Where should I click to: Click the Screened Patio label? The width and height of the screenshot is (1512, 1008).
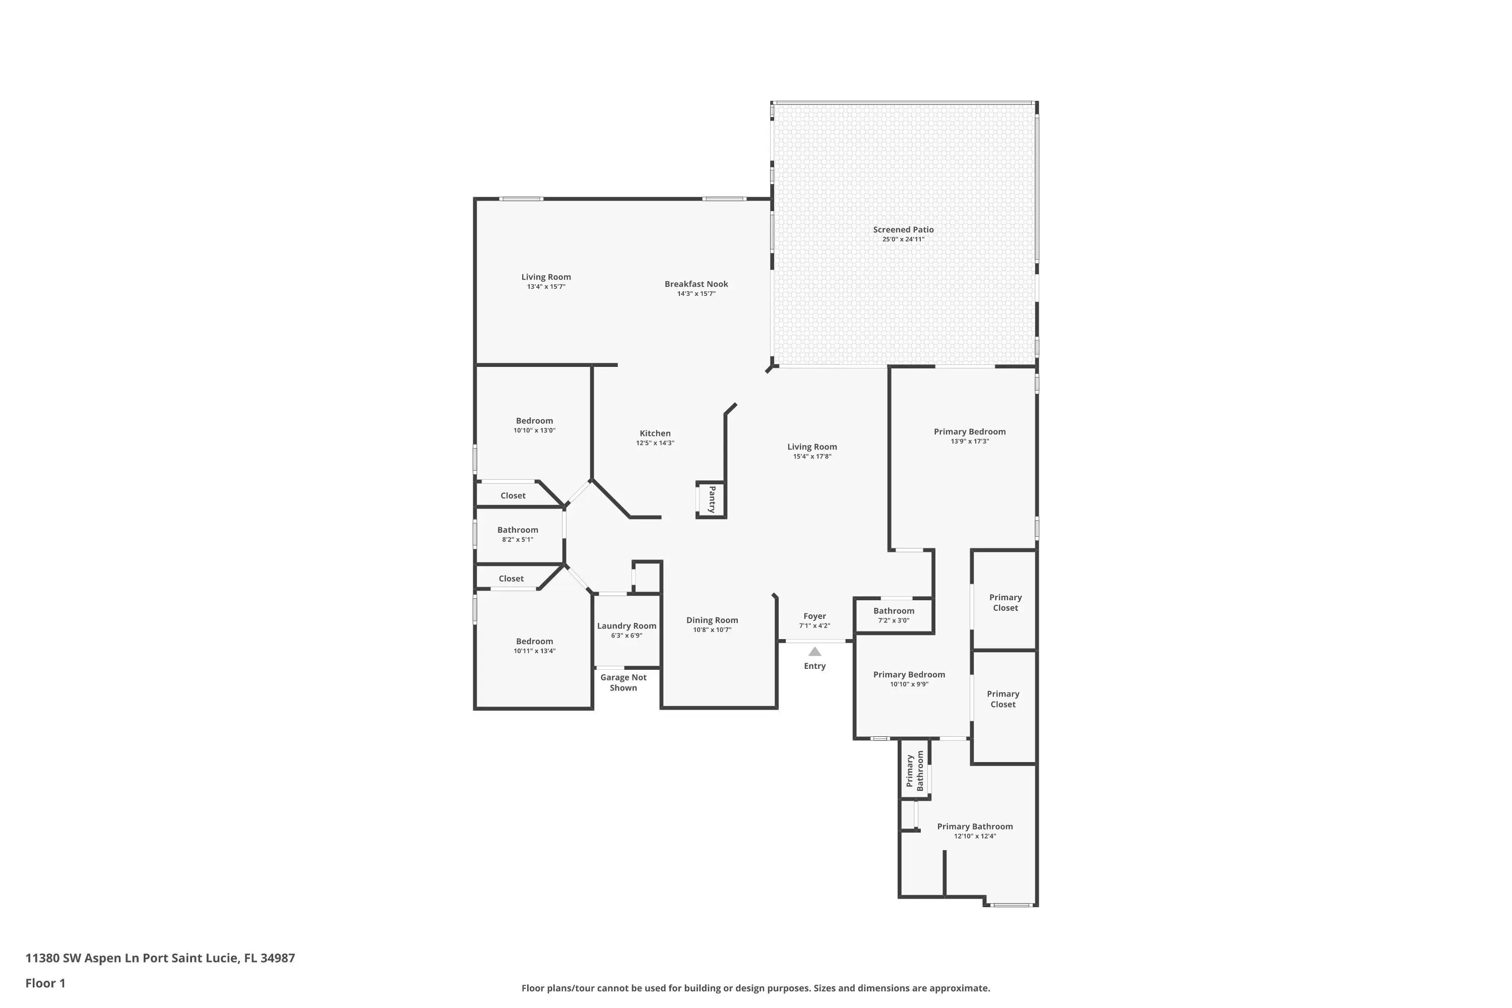903,229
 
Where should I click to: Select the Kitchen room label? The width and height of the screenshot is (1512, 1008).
655,433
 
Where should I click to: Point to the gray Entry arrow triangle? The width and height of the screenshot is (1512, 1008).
814,651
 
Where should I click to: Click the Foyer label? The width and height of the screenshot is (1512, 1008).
814,616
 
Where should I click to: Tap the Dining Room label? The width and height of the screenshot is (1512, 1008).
712,620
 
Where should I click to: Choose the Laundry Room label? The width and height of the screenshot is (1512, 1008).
627,626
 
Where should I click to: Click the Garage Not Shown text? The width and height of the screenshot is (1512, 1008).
623,683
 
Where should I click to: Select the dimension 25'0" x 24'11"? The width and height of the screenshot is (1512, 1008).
903,239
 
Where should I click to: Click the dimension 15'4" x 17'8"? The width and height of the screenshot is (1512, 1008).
812,457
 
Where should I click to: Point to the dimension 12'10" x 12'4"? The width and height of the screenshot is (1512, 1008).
975,836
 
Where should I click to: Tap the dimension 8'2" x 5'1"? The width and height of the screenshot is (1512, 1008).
518,539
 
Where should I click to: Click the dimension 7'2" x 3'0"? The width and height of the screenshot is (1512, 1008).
894,620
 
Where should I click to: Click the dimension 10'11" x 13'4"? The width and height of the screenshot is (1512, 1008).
534,651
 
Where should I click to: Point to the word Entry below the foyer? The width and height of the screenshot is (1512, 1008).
814,666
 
